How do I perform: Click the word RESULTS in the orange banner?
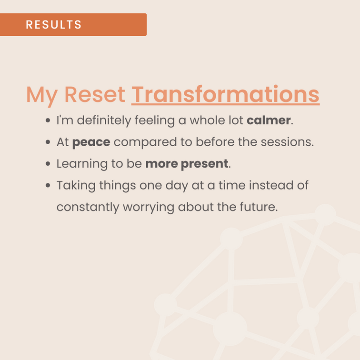point(53,25)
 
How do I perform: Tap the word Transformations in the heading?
point(225,94)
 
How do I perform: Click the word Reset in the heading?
point(95,94)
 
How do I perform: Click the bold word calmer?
point(269,120)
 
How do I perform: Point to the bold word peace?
point(91,142)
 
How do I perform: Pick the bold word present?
point(204,164)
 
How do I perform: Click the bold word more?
point(161,164)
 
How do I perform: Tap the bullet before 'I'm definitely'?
point(48,120)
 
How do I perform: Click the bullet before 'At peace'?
point(48,142)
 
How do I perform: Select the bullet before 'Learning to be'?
point(48,164)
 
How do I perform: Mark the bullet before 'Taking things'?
point(48,185)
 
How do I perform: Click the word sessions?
point(287,142)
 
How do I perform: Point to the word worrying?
point(149,208)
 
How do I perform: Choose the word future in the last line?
point(259,207)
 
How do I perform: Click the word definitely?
point(104,121)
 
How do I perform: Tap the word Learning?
point(82,164)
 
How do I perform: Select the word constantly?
point(88,208)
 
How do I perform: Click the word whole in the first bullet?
point(207,120)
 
